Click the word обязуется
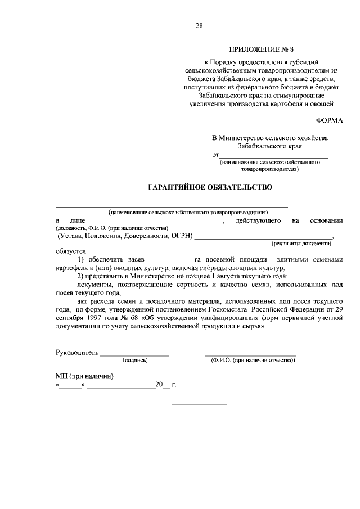pyautogui.click(x=71, y=250)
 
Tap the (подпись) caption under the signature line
pyautogui.click(x=134, y=360)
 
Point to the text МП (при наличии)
pyautogui.click(x=84, y=376)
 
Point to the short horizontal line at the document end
pyautogui.click(x=199, y=404)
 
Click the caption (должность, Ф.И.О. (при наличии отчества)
pyautogui.click(x=112, y=228)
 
